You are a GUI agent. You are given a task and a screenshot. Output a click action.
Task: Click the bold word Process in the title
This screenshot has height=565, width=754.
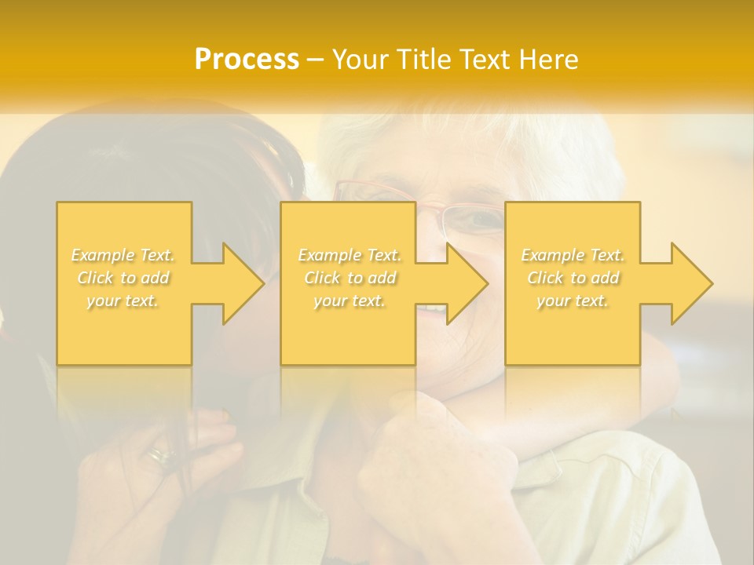click(x=247, y=59)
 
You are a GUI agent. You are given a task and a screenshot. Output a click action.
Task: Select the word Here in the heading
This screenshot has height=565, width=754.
click(x=548, y=59)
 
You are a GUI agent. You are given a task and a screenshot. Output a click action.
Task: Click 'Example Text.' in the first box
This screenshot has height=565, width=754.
click(x=123, y=255)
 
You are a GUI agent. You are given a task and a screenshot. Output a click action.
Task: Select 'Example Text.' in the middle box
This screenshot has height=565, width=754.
click(x=350, y=255)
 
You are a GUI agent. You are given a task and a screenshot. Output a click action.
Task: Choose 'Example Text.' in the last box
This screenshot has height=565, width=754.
click(x=573, y=255)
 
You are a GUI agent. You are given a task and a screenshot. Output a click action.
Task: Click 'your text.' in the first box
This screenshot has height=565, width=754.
click(x=123, y=301)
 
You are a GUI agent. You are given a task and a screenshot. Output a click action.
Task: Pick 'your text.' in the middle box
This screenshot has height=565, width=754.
click(x=350, y=301)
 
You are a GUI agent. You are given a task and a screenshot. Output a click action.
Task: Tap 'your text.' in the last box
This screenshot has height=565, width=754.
click(x=573, y=301)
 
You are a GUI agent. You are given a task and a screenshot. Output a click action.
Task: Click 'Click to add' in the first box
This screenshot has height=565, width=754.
click(x=123, y=278)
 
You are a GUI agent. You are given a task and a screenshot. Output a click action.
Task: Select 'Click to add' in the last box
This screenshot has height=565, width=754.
click(x=573, y=278)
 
